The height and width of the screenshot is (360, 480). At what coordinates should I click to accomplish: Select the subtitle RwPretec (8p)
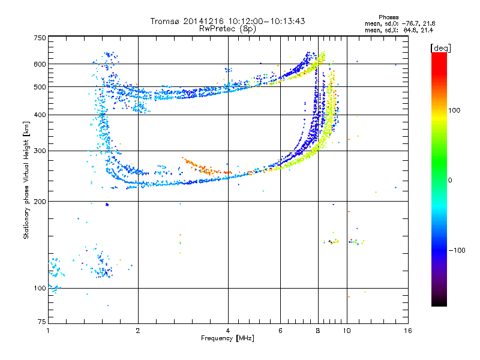(x=227, y=28)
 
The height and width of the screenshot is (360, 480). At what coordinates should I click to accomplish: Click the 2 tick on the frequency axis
(x=138, y=331)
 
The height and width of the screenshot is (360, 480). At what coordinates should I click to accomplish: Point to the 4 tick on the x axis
(x=228, y=331)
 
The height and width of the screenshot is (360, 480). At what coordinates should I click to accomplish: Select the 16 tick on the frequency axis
(x=407, y=331)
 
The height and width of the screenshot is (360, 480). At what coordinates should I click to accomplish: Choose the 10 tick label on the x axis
(x=346, y=331)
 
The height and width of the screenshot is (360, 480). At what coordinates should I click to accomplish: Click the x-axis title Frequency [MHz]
(x=227, y=338)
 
